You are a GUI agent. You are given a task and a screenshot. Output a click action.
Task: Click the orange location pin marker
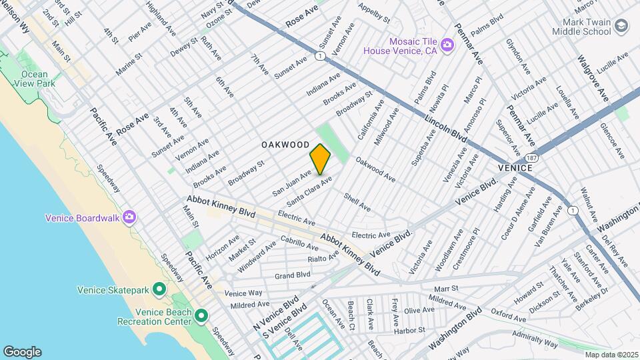coord(320,159)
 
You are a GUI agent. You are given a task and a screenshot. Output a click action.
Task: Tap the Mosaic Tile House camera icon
coord(447,45)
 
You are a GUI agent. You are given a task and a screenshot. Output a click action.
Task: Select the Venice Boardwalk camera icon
coord(129,217)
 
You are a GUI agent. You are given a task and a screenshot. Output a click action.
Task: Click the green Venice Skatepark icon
coord(159,289)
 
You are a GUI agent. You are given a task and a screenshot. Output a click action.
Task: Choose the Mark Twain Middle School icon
coord(621,26)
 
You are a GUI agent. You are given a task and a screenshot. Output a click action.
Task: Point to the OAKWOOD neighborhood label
coord(285,145)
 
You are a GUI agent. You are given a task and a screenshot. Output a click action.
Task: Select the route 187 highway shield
coord(531,158)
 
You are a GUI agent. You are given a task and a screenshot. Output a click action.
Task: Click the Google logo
coord(22,351)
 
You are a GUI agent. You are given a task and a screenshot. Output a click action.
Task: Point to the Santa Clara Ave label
coord(309,191)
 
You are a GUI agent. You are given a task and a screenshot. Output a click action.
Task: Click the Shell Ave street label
coord(357,203)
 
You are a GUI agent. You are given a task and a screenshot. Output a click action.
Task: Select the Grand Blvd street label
coord(293,274)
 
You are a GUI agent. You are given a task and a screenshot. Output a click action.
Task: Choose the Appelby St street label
coord(373,15)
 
